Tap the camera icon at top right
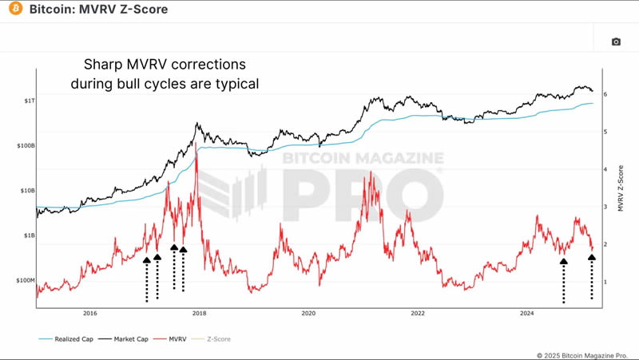coord(616,42)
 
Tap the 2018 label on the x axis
coord(199,314)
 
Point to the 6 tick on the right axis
coord(605,94)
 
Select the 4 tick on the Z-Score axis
coord(605,169)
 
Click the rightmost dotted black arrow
coord(592,275)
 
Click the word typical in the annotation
coord(236,83)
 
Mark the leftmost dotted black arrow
coord(146,279)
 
